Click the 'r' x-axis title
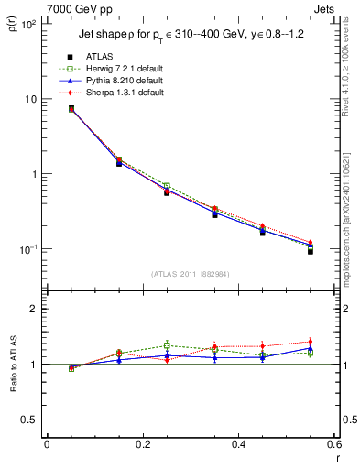[336, 458]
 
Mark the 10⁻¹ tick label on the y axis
[27, 249]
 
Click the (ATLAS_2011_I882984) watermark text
[190, 274]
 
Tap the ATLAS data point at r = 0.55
[311, 250]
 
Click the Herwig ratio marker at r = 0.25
[167, 345]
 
